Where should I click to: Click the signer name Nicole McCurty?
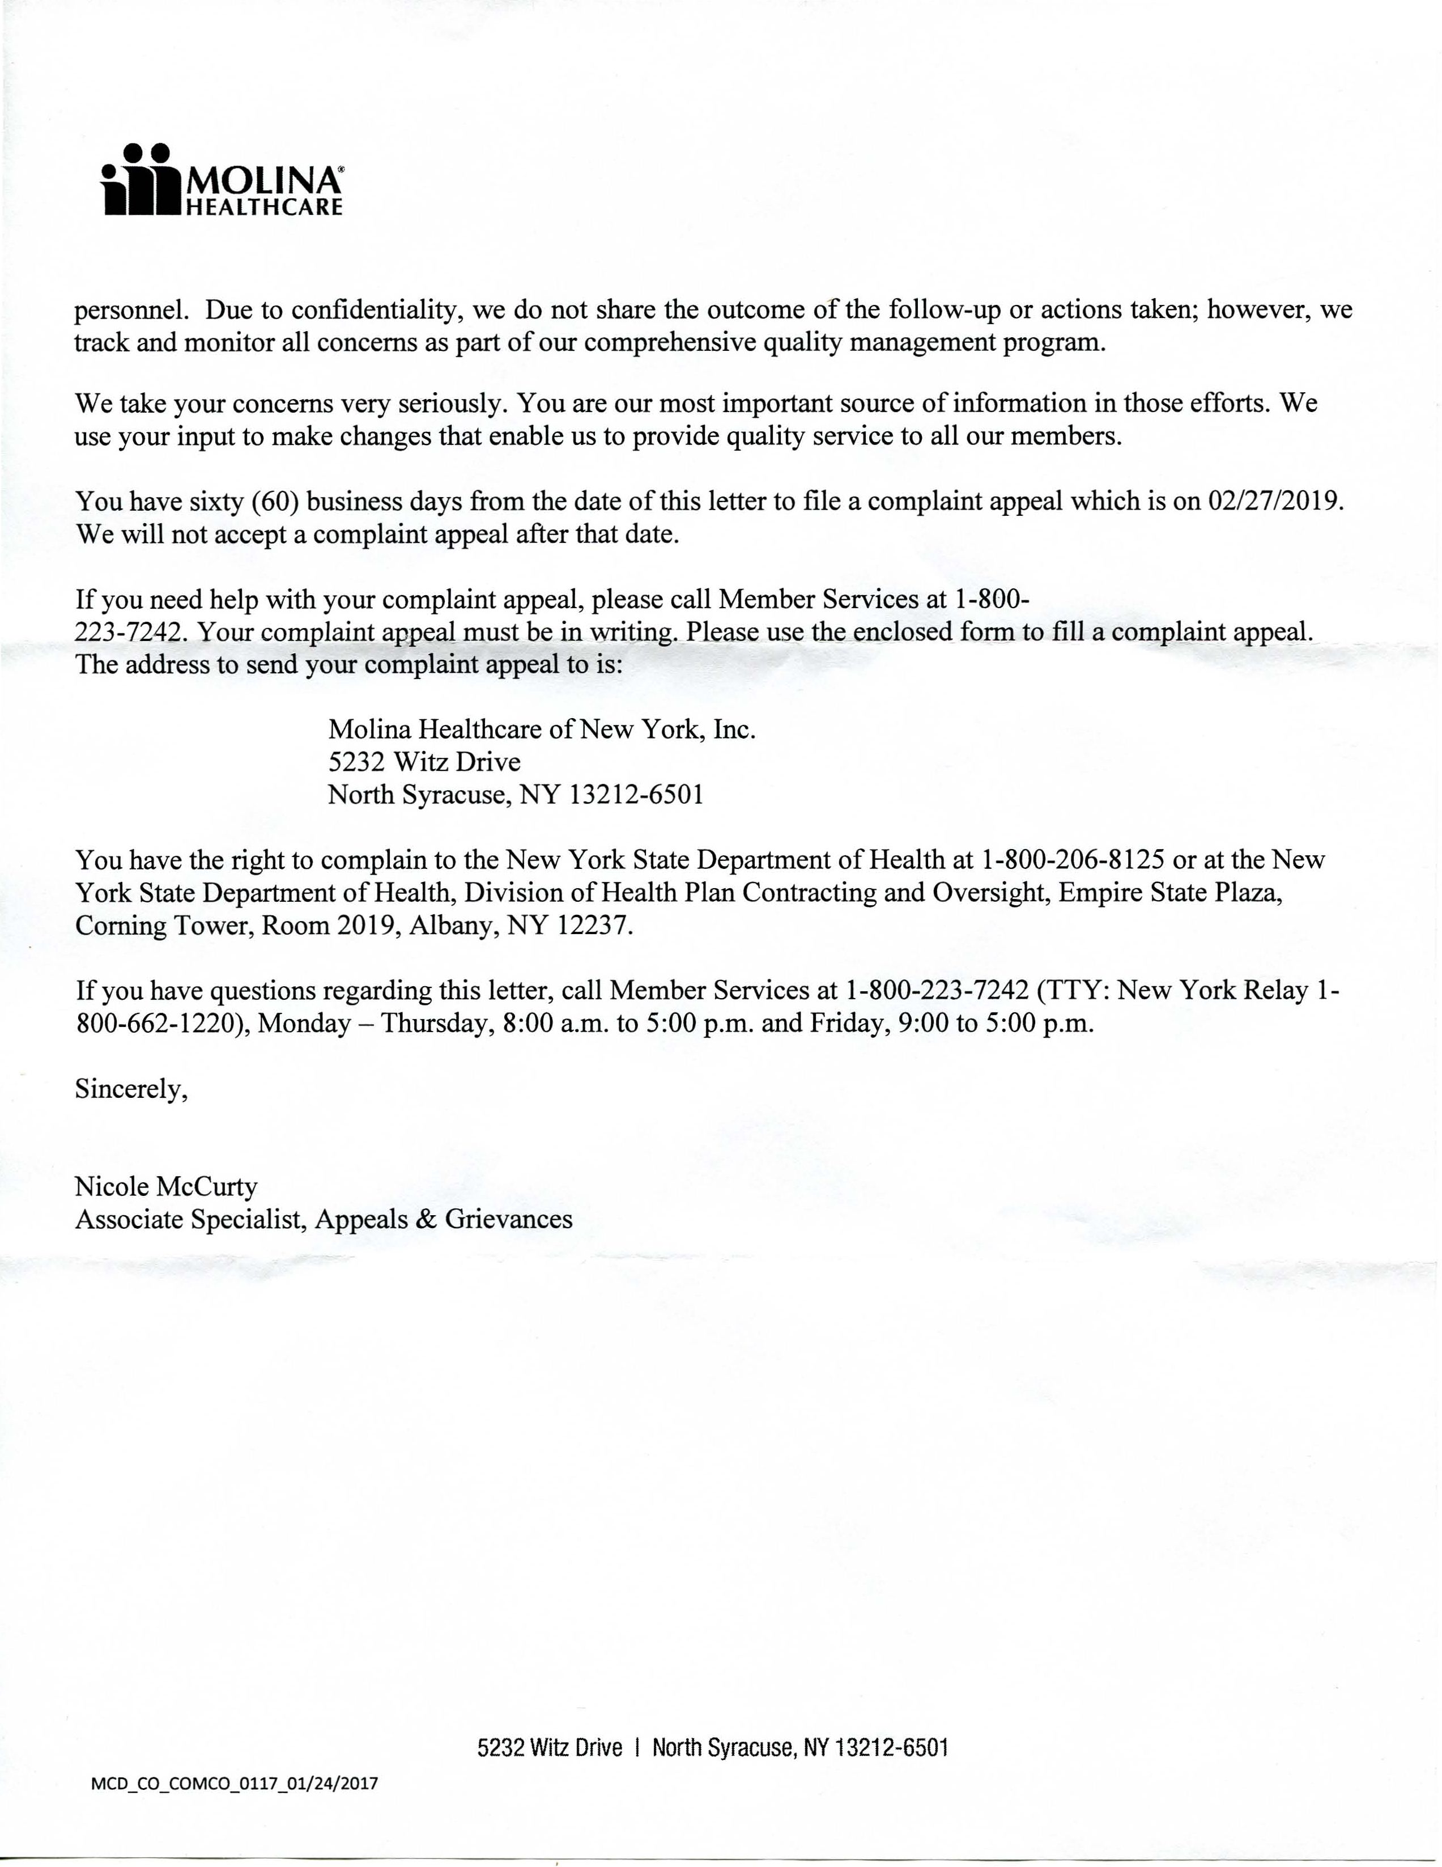[x=166, y=1186]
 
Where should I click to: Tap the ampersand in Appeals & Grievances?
[x=425, y=1219]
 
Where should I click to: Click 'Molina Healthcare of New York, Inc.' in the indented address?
[x=542, y=729]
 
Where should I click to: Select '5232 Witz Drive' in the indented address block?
[x=424, y=762]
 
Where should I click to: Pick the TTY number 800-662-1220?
[x=156, y=1023]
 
